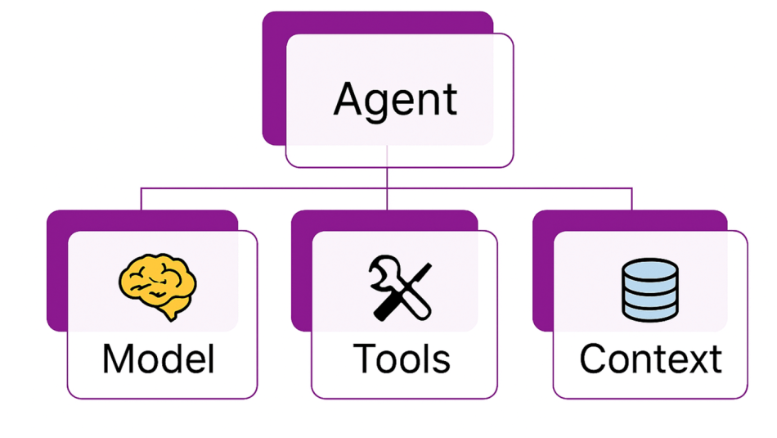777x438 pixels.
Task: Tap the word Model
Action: click(159, 359)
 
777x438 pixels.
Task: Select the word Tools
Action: click(402, 359)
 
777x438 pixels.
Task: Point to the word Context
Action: click(650, 359)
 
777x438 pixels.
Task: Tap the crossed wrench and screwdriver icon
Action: click(401, 287)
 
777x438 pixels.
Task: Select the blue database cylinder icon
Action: click(650, 290)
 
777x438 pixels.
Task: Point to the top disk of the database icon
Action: click(650, 269)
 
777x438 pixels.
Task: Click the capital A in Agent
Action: click(351, 99)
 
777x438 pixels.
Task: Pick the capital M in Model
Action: click(119, 359)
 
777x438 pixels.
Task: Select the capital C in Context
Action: click(594, 359)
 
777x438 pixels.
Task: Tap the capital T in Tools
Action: click(366, 359)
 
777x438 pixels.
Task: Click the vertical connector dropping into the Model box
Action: click(141, 199)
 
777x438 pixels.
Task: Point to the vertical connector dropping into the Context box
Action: click(631, 199)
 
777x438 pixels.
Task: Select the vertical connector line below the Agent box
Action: click(387, 178)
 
